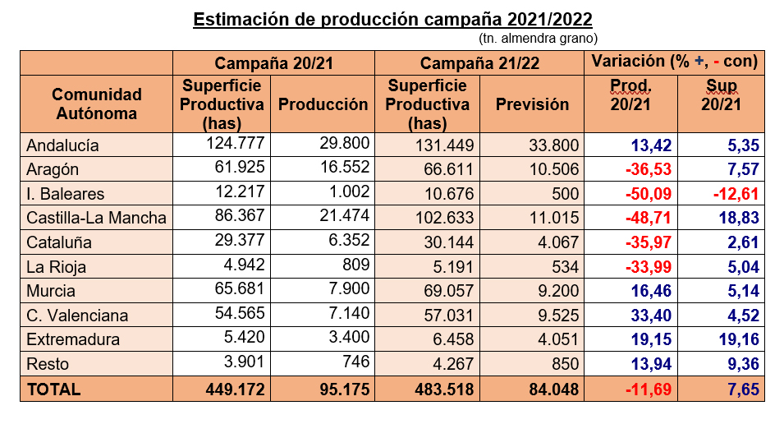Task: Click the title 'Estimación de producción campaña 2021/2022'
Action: pos(392,19)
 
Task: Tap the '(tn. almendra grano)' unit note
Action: pos(538,39)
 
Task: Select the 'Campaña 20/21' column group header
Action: pos(273,62)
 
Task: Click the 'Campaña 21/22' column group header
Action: pos(479,62)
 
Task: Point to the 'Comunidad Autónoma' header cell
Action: pos(96,104)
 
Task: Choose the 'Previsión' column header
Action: pos(532,104)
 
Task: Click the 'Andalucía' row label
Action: pos(63,145)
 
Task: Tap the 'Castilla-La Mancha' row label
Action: pos(96,218)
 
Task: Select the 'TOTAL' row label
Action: pos(54,389)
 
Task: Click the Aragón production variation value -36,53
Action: pos(643,170)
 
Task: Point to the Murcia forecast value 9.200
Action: pos(558,291)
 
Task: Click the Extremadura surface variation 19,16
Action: pos(736,339)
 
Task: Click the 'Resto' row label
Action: pos(48,364)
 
